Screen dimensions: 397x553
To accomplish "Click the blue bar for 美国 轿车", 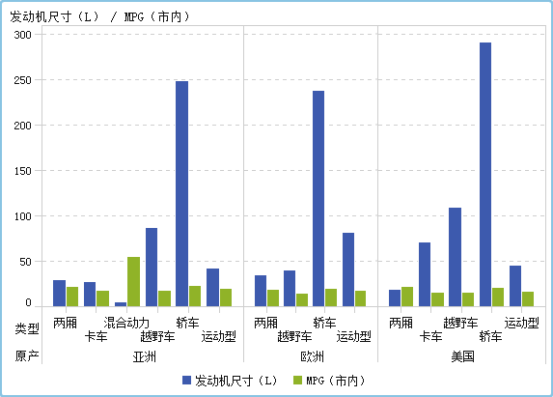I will (x=485, y=174).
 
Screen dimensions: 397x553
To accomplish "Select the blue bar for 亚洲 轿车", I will (x=181, y=193).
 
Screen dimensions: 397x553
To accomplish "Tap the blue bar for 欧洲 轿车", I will (x=318, y=198).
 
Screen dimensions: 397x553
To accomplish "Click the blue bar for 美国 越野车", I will (x=455, y=257).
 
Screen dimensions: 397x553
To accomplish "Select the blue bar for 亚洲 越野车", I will (x=152, y=267).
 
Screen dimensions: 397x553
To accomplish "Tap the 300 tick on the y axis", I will (x=23, y=35).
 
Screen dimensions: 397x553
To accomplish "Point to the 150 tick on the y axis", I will (x=23, y=171).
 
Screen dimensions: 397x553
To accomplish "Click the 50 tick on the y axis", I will (x=26, y=262).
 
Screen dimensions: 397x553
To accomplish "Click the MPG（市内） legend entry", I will (x=335, y=381).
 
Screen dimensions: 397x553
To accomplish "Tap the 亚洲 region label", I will (x=145, y=356).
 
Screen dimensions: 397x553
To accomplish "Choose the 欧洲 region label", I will (x=312, y=356).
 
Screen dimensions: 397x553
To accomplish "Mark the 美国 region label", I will (x=463, y=356).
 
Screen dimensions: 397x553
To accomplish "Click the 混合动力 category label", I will (x=126, y=323).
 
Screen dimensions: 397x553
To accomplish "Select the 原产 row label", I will (x=27, y=356).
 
